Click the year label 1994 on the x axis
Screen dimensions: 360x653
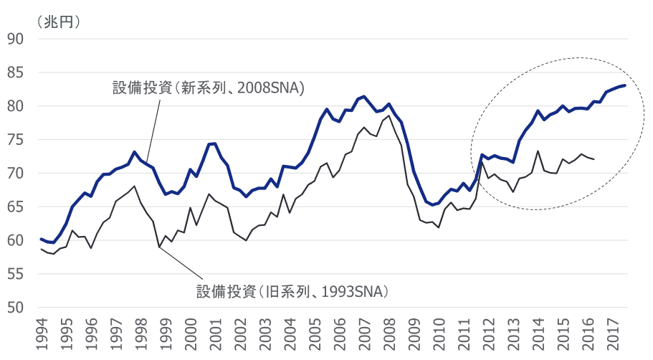pyautogui.click(x=43, y=333)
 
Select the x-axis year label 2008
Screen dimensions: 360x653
pyautogui.click(x=389, y=333)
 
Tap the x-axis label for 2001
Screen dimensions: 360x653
pyautogui.click(x=216, y=333)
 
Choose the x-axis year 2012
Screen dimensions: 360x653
pyautogui.click(x=488, y=333)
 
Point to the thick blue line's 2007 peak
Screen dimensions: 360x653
pyautogui.click(x=364, y=96)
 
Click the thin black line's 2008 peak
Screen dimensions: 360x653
pyautogui.click(x=389, y=115)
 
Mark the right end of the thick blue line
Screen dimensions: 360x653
pyautogui.click(x=625, y=85)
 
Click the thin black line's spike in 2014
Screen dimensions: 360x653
pyautogui.click(x=538, y=151)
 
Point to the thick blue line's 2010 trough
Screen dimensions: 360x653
pyautogui.click(x=432, y=204)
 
